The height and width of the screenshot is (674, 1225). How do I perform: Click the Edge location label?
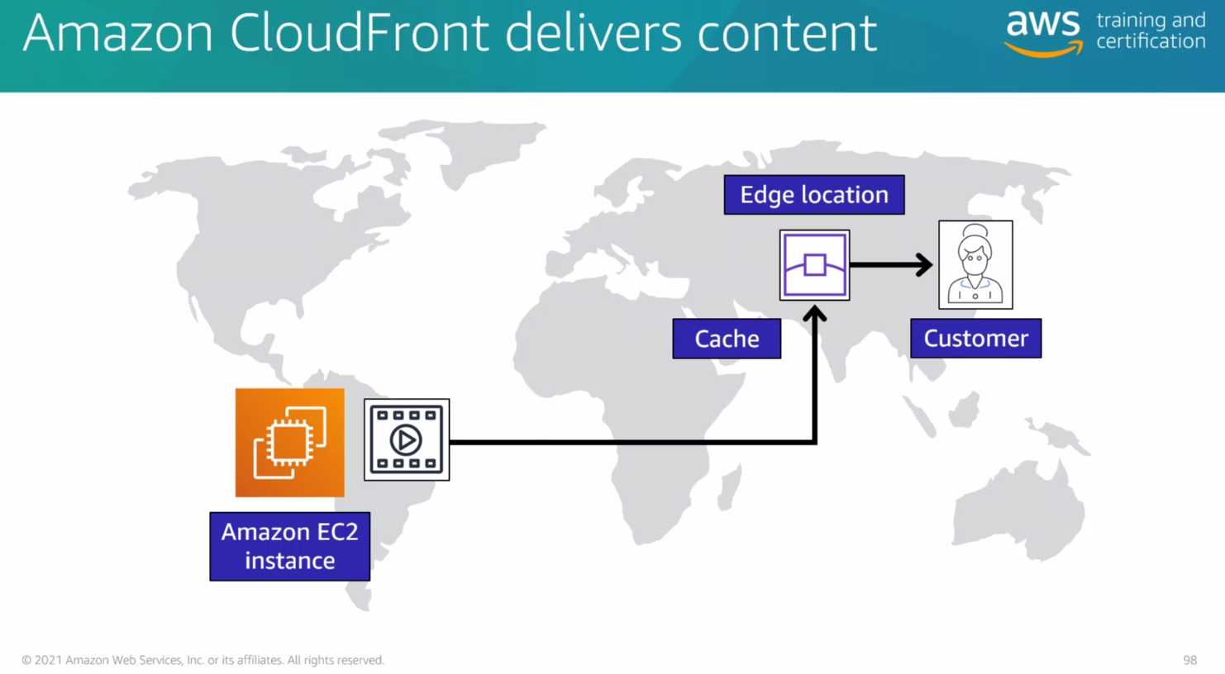(x=813, y=195)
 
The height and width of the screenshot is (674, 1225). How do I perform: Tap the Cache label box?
(x=727, y=339)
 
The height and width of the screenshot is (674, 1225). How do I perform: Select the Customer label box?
(x=975, y=339)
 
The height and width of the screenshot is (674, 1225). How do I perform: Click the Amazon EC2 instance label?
(x=289, y=546)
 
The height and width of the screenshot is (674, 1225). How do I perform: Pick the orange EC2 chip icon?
(x=289, y=443)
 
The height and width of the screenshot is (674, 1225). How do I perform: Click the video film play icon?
(x=407, y=439)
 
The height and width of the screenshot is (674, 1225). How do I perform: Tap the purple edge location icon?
(x=814, y=265)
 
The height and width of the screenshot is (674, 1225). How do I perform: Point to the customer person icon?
(x=975, y=264)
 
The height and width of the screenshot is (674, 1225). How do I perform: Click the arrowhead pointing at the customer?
(x=923, y=265)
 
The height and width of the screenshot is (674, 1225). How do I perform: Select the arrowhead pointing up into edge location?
(x=815, y=315)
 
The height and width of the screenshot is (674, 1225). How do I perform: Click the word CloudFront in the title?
(x=360, y=33)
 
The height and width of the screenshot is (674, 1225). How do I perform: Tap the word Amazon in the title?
(x=118, y=33)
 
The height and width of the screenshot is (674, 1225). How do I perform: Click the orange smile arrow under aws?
(x=1043, y=50)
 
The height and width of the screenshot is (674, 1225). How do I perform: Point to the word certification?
(x=1150, y=41)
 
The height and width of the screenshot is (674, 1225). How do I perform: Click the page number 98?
(x=1189, y=660)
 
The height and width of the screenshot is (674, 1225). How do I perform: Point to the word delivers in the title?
(x=593, y=33)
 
